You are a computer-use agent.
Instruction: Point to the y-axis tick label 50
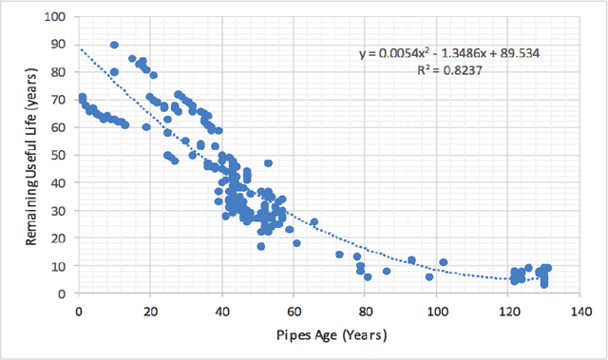(x=61, y=155)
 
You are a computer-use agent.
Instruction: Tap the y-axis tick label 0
(x=65, y=294)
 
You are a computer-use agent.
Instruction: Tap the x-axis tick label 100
(x=436, y=309)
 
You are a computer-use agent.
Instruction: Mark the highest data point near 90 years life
(x=114, y=45)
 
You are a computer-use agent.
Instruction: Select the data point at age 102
(x=443, y=262)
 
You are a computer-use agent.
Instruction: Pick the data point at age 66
(x=314, y=222)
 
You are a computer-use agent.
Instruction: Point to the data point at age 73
(x=339, y=255)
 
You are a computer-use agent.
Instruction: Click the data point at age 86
(x=387, y=271)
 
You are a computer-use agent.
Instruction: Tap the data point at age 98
(x=429, y=276)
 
